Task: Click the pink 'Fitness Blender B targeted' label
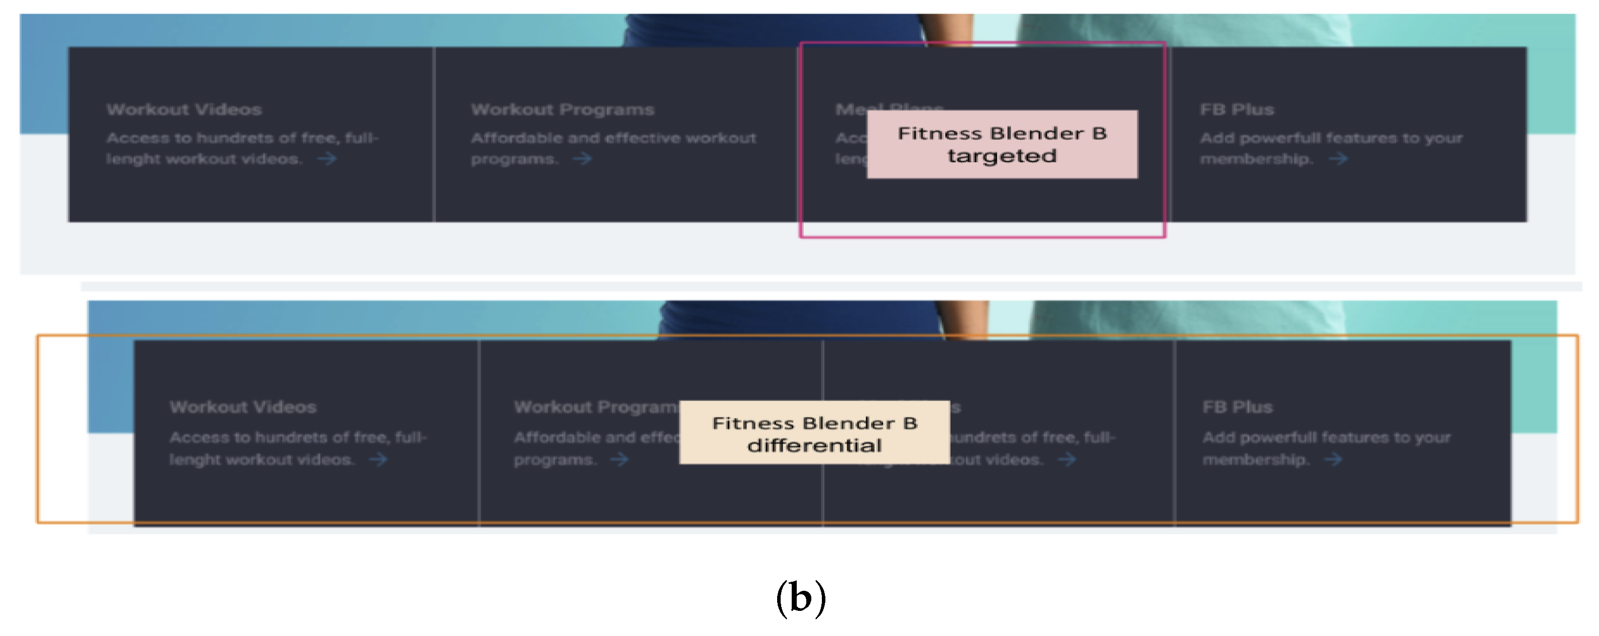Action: click(1002, 144)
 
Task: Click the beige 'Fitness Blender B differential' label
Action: click(814, 433)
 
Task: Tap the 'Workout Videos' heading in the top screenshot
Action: click(184, 110)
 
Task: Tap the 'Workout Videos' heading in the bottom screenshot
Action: click(243, 407)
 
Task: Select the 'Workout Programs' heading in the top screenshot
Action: click(562, 110)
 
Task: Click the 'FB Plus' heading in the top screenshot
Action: click(1236, 110)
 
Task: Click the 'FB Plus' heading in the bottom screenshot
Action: click(1237, 407)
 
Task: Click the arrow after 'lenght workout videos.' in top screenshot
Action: click(327, 159)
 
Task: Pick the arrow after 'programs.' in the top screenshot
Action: click(582, 159)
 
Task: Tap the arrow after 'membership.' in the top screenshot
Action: click(1338, 159)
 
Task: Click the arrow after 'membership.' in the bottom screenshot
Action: click(1333, 460)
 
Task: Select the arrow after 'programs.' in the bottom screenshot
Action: click(619, 460)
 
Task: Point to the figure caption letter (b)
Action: click(801, 597)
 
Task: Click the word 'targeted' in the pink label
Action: click(1001, 156)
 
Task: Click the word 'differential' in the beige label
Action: click(814, 446)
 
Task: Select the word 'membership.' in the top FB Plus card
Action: click(1256, 159)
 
